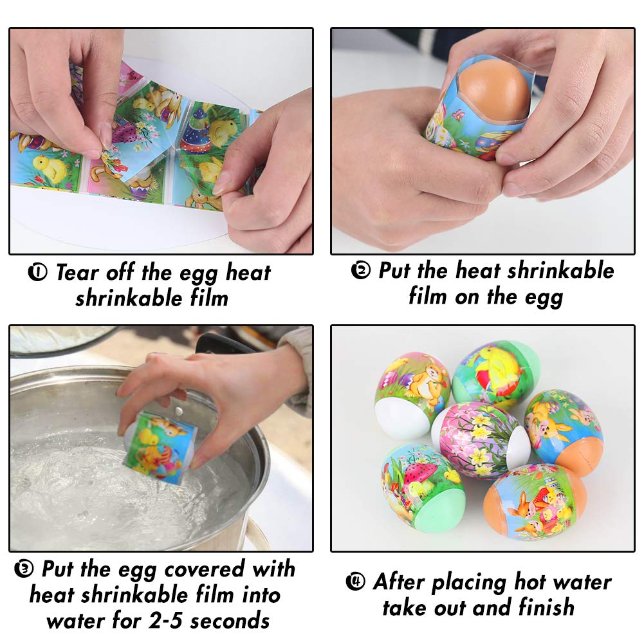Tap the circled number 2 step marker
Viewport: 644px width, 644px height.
(361, 270)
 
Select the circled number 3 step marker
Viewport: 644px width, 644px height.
(24, 569)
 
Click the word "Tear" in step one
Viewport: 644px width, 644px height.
(76, 273)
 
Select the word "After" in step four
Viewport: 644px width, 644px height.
(400, 582)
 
